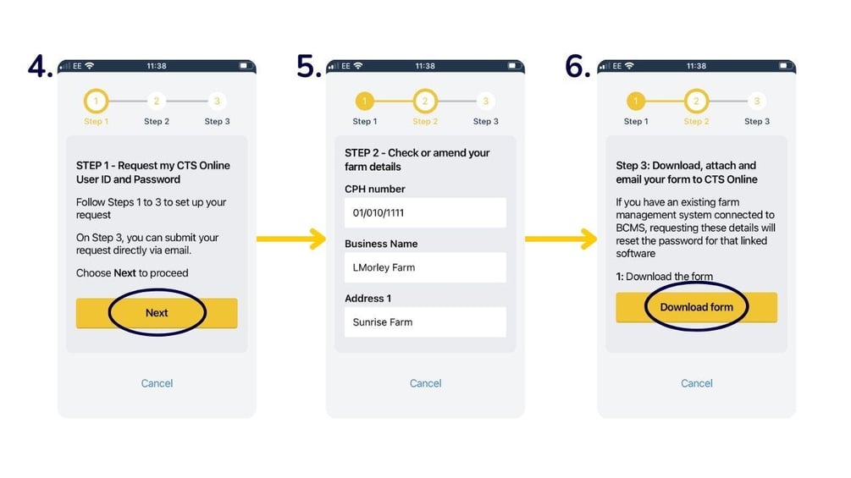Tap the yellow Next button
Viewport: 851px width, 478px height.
(157, 313)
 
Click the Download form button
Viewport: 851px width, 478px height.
(696, 307)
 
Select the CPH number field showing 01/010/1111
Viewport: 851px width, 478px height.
(425, 213)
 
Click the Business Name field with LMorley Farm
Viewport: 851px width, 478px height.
(425, 267)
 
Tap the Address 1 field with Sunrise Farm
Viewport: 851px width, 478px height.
(425, 322)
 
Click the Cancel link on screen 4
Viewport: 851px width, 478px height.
(157, 383)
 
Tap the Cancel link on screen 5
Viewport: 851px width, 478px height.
(425, 383)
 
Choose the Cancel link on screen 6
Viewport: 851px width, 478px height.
(696, 383)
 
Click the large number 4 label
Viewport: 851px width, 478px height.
(40, 67)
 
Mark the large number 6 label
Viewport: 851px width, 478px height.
(577, 67)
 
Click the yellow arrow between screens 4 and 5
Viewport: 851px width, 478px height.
(290, 239)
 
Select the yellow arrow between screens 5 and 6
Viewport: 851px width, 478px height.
(561, 239)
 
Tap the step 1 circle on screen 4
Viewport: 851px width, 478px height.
(96, 102)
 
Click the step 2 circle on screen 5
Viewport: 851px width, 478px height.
(425, 102)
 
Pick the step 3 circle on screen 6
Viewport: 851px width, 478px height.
(756, 102)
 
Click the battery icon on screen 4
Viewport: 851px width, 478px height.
(244, 66)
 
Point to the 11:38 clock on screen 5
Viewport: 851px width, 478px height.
(425, 66)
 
